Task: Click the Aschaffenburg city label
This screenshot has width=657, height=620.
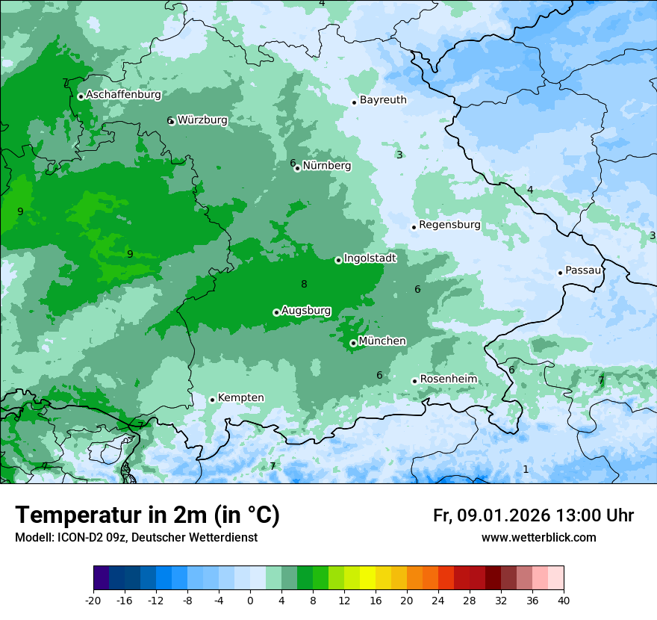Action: tap(123, 95)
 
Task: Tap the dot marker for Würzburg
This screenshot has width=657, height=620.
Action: tap(172, 121)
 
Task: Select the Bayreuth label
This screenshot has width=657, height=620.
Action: tap(383, 99)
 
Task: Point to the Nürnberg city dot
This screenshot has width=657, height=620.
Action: tap(297, 168)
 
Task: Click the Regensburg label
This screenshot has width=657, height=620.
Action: tap(449, 224)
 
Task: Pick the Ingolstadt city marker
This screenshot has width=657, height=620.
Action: tap(338, 260)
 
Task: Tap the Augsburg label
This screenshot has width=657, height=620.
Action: tap(306, 311)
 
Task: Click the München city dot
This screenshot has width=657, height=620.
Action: tap(353, 343)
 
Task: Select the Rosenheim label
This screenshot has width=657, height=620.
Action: tap(448, 379)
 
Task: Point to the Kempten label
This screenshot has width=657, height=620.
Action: tap(240, 397)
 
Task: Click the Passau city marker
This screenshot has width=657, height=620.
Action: tap(560, 273)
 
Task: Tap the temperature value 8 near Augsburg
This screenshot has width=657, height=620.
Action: tap(304, 284)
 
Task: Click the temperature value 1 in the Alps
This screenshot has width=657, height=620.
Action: tap(526, 469)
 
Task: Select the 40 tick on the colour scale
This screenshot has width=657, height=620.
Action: tap(563, 601)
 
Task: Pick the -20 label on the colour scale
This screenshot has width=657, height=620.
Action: tap(93, 601)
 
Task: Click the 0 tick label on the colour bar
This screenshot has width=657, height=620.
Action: tap(250, 601)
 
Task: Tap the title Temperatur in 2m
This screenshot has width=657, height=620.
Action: tap(147, 515)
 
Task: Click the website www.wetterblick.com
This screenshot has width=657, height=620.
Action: tap(538, 537)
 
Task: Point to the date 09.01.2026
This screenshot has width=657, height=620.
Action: tap(503, 515)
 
